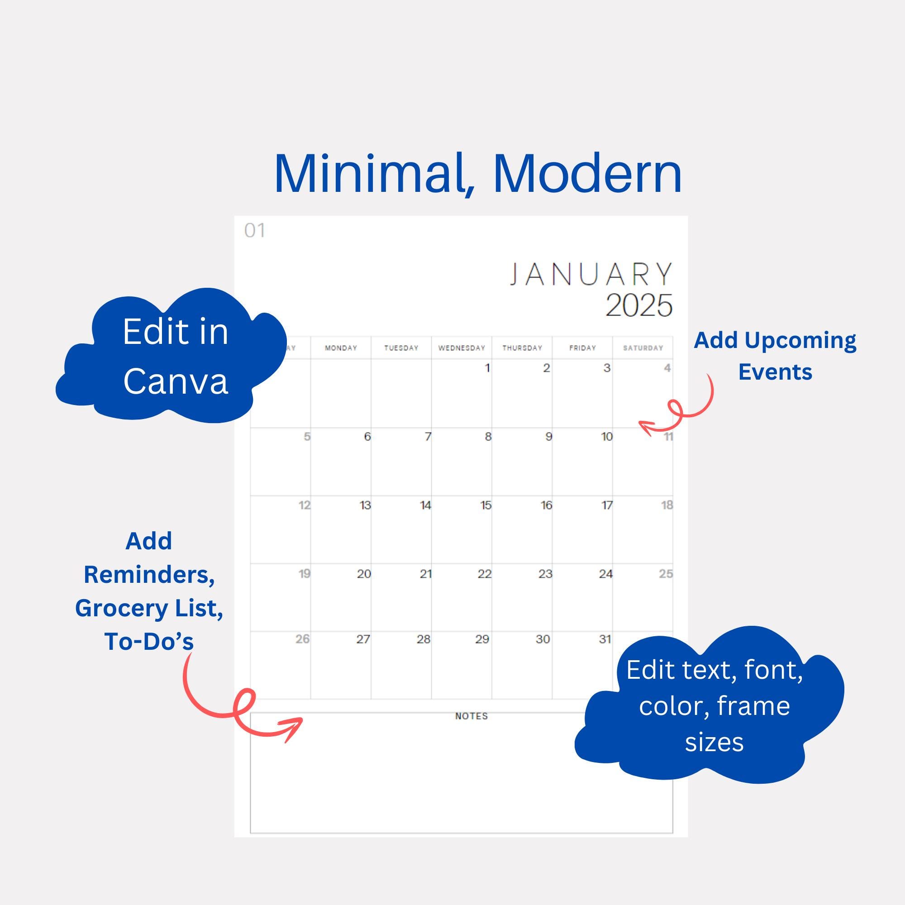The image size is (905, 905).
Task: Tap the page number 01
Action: click(x=254, y=230)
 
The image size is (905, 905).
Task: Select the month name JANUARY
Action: click(x=591, y=275)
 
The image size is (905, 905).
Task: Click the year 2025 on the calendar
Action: click(x=638, y=306)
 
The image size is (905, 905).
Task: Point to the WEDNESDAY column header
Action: click(x=462, y=348)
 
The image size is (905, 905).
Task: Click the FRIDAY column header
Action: click(x=582, y=348)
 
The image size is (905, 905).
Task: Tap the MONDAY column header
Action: click(x=341, y=348)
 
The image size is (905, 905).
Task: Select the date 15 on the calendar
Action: click(x=485, y=505)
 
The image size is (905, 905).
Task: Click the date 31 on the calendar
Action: click(x=605, y=639)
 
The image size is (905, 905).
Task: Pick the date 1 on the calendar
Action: click(x=487, y=368)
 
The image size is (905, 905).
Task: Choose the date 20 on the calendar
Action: click(x=363, y=574)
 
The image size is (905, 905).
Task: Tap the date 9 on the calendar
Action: click(x=548, y=437)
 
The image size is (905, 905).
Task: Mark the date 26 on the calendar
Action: click(x=302, y=639)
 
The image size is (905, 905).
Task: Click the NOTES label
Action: click(x=471, y=716)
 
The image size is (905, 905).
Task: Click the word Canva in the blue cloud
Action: click(x=176, y=381)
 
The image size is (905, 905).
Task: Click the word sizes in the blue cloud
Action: click(x=714, y=743)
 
